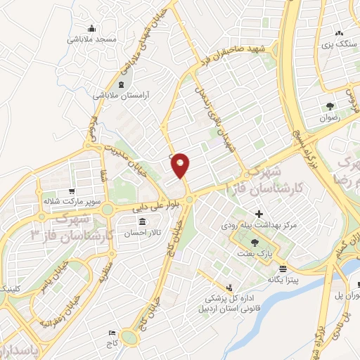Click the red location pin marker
181,165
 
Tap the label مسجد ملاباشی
91,39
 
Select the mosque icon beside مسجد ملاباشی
91,28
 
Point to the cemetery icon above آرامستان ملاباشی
122,85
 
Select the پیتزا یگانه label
283,279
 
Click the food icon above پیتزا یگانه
283,269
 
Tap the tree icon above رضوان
330,106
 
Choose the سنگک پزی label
335,44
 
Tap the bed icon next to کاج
111,332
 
